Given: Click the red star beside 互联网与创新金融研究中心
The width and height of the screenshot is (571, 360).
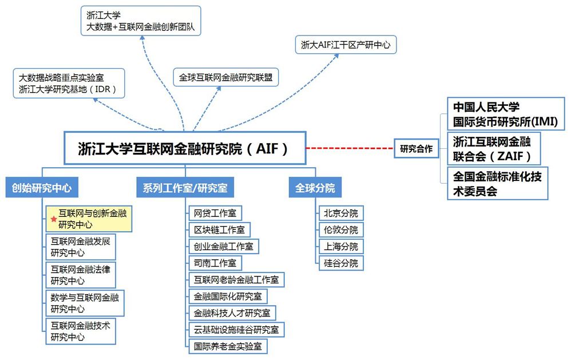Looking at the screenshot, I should click(x=54, y=219).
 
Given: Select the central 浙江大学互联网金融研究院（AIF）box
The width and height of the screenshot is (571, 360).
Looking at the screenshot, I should click(x=184, y=149).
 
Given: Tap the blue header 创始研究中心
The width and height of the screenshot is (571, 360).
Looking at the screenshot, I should click(x=42, y=188).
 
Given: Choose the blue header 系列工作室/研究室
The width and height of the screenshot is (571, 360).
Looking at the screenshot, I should click(x=185, y=188).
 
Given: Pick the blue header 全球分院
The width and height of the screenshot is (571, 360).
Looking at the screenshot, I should click(x=315, y=188).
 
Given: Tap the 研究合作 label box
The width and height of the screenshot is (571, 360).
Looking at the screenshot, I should click(x=416, y=149).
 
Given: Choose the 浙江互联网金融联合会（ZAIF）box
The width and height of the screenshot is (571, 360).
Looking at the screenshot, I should click(x=493, y=149).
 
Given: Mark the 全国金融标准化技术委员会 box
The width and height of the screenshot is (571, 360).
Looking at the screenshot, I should click(x=497, y=183).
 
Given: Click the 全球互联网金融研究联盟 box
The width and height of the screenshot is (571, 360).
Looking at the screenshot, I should click(x=225, y=77).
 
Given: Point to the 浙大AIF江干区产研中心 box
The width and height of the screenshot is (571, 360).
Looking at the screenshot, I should click(x=346, y=45).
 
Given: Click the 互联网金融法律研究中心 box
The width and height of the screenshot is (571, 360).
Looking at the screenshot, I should click(x=81, y=275).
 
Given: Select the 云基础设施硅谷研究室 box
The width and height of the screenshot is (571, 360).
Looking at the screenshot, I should click(x=236, y=329).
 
